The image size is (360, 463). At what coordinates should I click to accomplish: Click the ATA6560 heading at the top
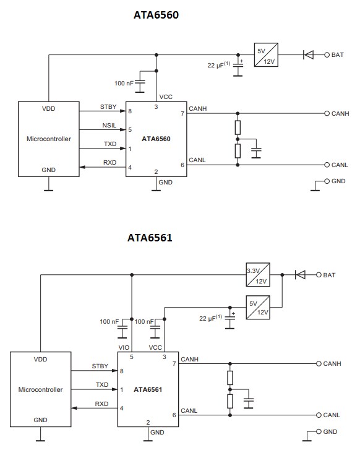pyautogui.click(x=156, y=15)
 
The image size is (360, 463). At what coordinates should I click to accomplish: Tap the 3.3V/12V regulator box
pyautogui.click(x=257, y=274)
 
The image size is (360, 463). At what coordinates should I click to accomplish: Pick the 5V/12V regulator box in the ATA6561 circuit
pyautogui.click(x=257, y=308)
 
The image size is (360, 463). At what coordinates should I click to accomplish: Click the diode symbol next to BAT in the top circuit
pyautogui.click(x=307, y=54)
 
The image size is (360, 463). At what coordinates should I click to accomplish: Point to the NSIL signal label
pyautogui.click(x=109, y=126)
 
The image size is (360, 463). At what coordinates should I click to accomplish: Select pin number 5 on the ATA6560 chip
pyautogui.click(x=130, y=130)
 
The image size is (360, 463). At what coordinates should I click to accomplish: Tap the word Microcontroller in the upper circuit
pyautogui.click(x=49, y=139)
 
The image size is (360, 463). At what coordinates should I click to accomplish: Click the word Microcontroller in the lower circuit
pyautogui.click(x=40, y=389)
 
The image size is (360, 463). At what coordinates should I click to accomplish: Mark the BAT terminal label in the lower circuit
pyautogui.click(x=329, y=275)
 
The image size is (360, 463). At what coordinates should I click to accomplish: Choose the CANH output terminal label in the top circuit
pyautogui.click(x=340, y=114)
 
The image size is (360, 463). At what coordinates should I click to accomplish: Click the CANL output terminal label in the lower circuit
pyautogui.click(x=332, y=415)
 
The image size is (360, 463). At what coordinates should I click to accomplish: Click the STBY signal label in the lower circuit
pyautogui.click(x=100, y=366)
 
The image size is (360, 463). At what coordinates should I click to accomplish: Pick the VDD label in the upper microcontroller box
pyautogui.click(x=48, y=108)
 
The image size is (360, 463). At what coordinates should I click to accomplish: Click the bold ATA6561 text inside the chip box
pyautogui.click(x=147, y=390)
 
